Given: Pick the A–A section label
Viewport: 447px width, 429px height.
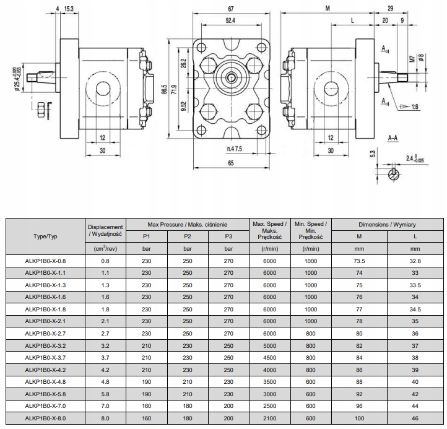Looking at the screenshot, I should [x=393, y=137].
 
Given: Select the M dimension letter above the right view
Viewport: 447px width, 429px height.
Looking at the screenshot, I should [x=326, y=9].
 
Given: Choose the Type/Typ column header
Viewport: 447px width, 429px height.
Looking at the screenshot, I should [x=45, y=236].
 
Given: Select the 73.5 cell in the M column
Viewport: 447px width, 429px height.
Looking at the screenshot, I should [x=358, y=261].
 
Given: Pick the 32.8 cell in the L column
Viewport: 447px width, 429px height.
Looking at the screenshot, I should [x=415, y=261].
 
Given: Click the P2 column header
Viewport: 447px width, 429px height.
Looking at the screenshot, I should [x=187, y=236].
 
